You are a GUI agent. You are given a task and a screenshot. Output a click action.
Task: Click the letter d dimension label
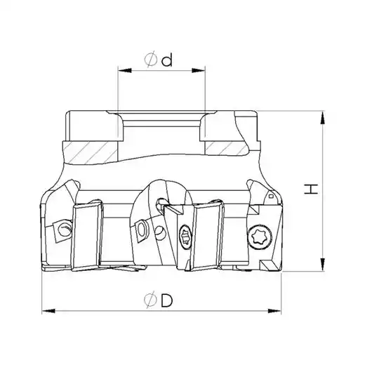[x=167, y=60]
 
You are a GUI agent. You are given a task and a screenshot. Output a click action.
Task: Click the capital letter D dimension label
[x=166, y=300]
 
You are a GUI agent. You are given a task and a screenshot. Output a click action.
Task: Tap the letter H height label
[x=311, y=189]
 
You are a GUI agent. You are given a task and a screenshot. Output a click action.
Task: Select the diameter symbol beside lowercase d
[x=151, y=59]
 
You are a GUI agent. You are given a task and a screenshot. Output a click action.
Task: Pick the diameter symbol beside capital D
[x=151, y=300]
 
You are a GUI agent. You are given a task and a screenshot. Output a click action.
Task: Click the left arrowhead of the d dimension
[x=125, y=70]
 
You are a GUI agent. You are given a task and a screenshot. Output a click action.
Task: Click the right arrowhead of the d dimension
[x=199, y=70]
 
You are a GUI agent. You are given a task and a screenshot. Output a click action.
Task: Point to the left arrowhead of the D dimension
[x=48, y=311]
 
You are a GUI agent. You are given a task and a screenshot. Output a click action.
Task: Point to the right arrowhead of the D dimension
[x=274, y=311]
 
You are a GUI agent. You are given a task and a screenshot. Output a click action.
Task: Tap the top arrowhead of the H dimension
[x=323, y=117]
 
